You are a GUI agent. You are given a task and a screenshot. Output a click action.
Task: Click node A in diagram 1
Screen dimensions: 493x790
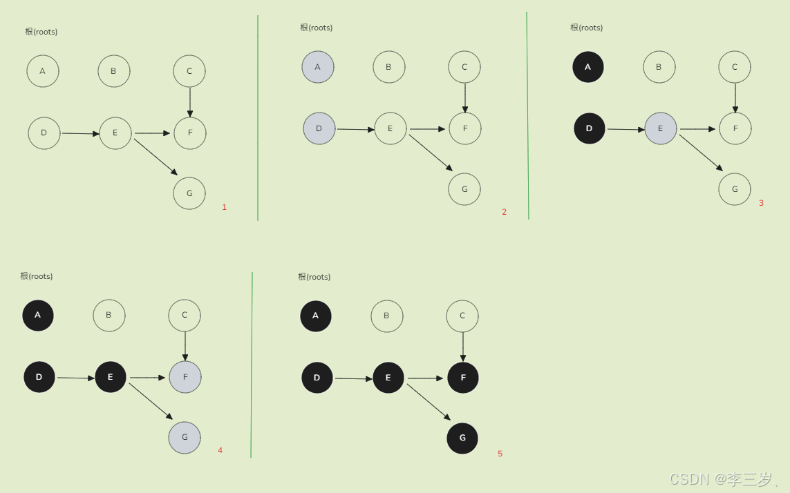43,71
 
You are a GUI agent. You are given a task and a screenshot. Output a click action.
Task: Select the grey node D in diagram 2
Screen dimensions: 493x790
319,128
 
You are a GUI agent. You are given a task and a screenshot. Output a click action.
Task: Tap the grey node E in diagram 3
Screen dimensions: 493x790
660,128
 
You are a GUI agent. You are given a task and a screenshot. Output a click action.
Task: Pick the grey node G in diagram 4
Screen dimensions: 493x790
185,437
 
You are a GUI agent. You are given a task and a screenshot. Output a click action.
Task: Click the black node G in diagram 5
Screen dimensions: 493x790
462,438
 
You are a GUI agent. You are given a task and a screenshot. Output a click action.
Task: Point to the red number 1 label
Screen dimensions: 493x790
224,207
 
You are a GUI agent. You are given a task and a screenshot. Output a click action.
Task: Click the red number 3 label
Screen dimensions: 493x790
761,203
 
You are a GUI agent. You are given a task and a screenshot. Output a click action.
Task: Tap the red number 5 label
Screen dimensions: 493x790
500,454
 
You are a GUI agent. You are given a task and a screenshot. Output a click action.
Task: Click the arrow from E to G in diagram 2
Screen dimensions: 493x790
430,153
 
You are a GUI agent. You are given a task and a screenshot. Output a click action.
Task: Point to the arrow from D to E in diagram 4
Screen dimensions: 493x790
75,378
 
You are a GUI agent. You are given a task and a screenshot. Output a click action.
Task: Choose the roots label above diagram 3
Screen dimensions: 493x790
586,28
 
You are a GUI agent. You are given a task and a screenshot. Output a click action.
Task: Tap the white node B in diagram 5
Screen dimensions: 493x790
386,316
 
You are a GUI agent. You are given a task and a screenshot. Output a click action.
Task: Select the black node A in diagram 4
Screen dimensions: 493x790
38,316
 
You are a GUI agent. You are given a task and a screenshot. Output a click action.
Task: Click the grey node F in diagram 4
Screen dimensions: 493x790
185,377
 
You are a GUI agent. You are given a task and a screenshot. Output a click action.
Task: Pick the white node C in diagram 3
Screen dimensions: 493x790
735,67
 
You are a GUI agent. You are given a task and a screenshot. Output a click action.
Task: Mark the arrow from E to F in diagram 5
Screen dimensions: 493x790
425,378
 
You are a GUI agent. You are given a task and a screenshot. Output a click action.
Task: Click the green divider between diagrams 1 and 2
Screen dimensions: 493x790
258,117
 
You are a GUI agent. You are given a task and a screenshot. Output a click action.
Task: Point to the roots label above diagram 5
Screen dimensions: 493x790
314,277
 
